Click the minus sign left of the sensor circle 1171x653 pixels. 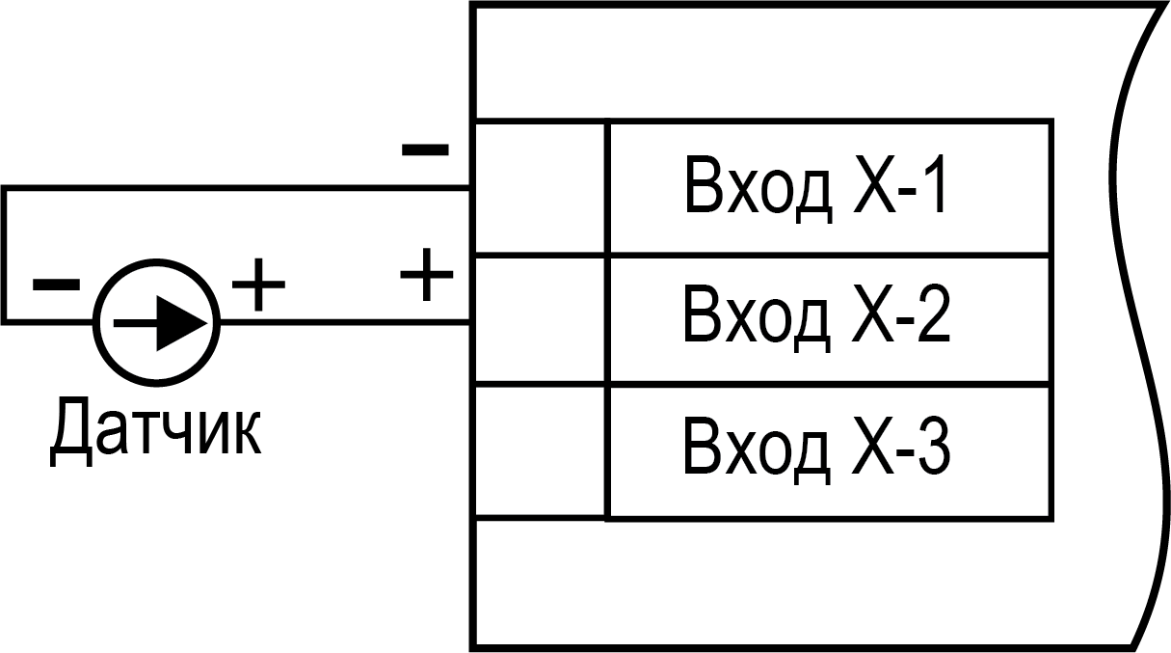click(56, 284)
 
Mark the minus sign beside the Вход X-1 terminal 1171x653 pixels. click(424, 150)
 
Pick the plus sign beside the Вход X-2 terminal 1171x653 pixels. click(426, 275)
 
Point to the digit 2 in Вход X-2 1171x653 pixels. click(931, 315)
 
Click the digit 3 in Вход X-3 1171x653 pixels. click(931, 447)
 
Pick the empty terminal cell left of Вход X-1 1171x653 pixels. click(541, 188)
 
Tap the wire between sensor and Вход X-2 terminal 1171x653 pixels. click(347, 321)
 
